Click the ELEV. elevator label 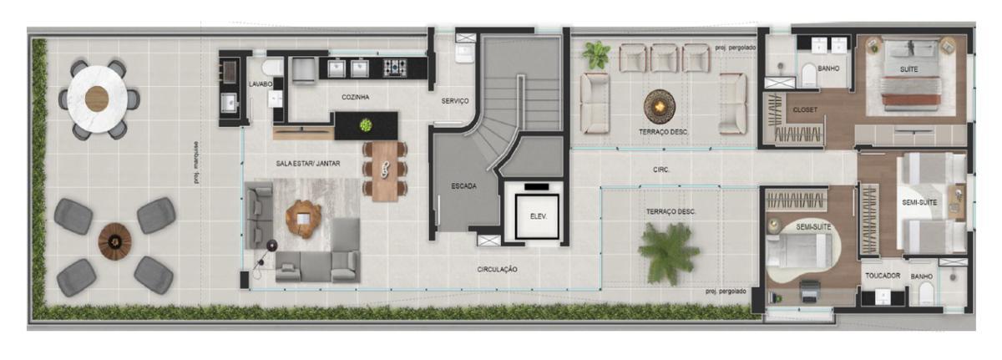(x=538, y=216)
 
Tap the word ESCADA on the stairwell (x=464, y=185)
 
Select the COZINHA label (x=355, y=97)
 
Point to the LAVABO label (x=261, y=84)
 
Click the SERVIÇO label (x=455, y=101)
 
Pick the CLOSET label (x=805, y=109)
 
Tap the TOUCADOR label (x=883, y=276)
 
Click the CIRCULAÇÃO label (x=497, y=269)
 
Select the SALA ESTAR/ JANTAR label (x=308, y=164)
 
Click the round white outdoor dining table (x=97, y=99)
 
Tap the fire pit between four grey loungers (x=115, y=241)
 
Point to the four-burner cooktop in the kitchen (x=395, y=68)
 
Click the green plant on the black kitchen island (x=366, y=125)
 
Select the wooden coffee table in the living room (x=304, y=219)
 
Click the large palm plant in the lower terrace (x=669, y=254)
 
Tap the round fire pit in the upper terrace (x=660, y=106)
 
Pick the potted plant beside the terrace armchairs (x=596, y=54)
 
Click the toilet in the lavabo (x=271, y=68)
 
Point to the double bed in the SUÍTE (x=910, y=75)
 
